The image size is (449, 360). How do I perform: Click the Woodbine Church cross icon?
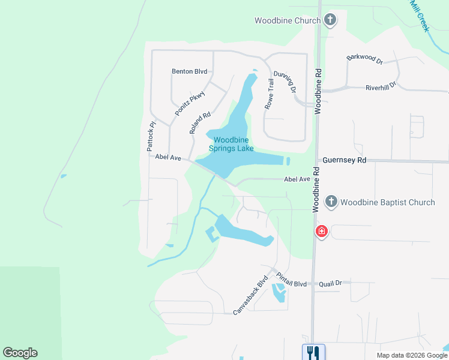[x=330, y=20]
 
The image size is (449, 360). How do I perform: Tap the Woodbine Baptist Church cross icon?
[x=331, y=202]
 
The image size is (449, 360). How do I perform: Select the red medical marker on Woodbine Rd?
[x=322, y=231]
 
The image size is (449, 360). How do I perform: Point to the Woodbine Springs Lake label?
[x=231, y=144]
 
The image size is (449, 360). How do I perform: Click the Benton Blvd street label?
[x=189, y=71]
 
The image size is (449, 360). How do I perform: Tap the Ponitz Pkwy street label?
[x=190, y=103]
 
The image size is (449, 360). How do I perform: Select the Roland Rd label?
[x=200, y=123]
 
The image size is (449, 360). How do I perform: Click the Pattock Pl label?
[x=152, y=136]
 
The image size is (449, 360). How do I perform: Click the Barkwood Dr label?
[x=364, y=59]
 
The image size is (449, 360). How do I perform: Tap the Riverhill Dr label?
[x=381, y=87]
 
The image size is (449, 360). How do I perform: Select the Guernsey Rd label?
[x=344, y=160]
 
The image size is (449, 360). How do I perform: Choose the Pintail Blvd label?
[x=292, y=279]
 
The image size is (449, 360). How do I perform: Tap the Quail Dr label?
[x=330, y=283]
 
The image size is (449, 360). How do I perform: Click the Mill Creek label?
[x=420, y=15]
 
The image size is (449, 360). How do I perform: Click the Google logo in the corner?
[x=20, y=353]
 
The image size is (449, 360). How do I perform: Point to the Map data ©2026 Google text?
[x=411, y=355]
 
